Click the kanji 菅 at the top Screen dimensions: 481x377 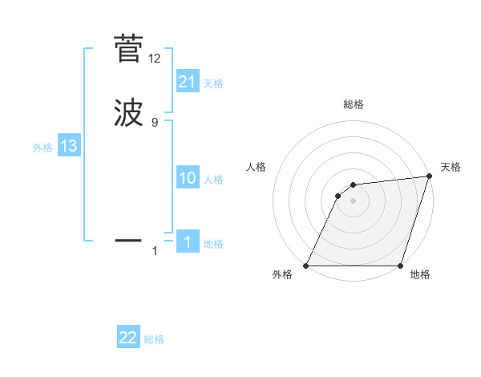point(128,49)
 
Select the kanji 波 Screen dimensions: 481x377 point(128,112)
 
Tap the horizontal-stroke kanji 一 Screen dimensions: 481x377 point(128,239)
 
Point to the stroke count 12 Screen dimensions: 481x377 point(155,59)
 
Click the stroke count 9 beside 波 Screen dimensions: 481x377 point(155,122)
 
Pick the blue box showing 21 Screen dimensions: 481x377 point(188,82)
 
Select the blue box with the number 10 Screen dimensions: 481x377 point(188,178)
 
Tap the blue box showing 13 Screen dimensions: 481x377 point(69,146)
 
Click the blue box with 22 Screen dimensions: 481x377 point(128,338)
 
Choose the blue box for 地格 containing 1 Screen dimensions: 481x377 point(188,242)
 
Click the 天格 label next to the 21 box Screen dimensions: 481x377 point(213,83)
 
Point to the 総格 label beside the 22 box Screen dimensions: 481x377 point(154,339)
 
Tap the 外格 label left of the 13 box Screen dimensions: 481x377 point(42,148)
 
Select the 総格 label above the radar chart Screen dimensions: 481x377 point(353,104)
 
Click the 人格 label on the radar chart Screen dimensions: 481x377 point(257,167)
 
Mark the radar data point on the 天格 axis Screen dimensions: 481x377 point(430,176)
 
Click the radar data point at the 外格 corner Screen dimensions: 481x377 point(306,266)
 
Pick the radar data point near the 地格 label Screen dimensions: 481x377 point(400,266)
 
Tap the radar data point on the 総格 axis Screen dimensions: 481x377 point(353,185)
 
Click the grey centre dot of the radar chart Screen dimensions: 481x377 point(353,201)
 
